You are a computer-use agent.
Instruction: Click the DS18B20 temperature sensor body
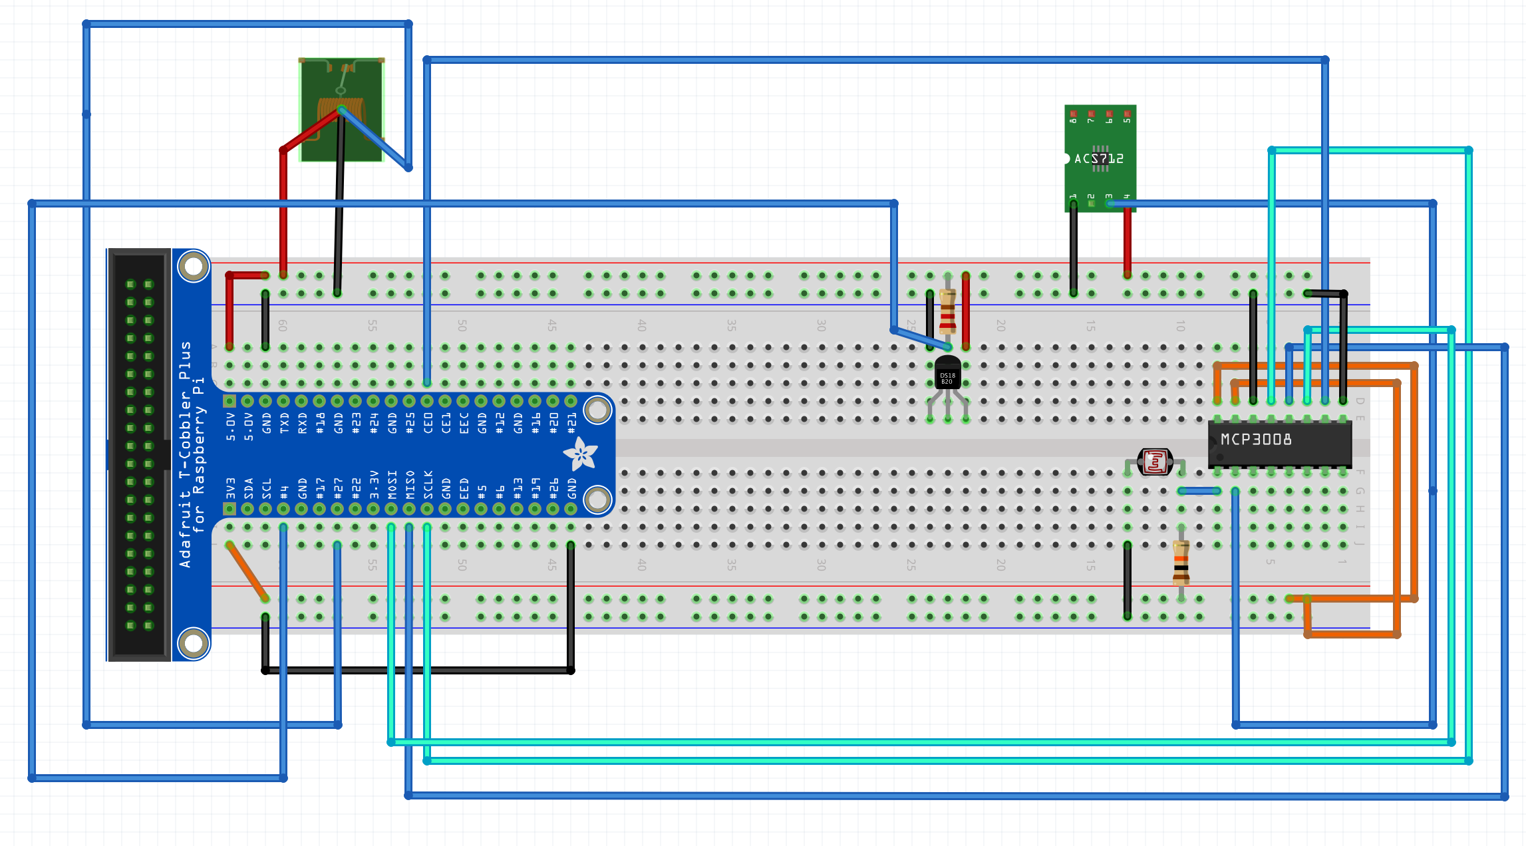947,374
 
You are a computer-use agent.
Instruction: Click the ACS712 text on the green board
1099,158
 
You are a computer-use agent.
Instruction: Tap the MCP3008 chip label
1256,440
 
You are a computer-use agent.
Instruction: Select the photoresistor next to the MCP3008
1155,462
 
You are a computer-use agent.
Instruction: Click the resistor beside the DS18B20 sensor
947,312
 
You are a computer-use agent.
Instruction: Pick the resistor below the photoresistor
1181,563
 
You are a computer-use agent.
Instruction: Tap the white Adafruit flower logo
580,454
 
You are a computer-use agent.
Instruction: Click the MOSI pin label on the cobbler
392,485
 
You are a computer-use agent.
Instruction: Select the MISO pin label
410,485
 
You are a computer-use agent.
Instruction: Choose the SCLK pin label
428,485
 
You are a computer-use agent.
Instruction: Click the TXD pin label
284,423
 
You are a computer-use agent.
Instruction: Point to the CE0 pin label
428,423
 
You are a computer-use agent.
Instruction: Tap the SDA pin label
248,488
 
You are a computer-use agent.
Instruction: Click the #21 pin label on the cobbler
571,423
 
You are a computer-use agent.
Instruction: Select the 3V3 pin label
230,488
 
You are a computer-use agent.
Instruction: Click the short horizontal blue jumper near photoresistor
1199,491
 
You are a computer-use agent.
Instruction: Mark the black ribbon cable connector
139,455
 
